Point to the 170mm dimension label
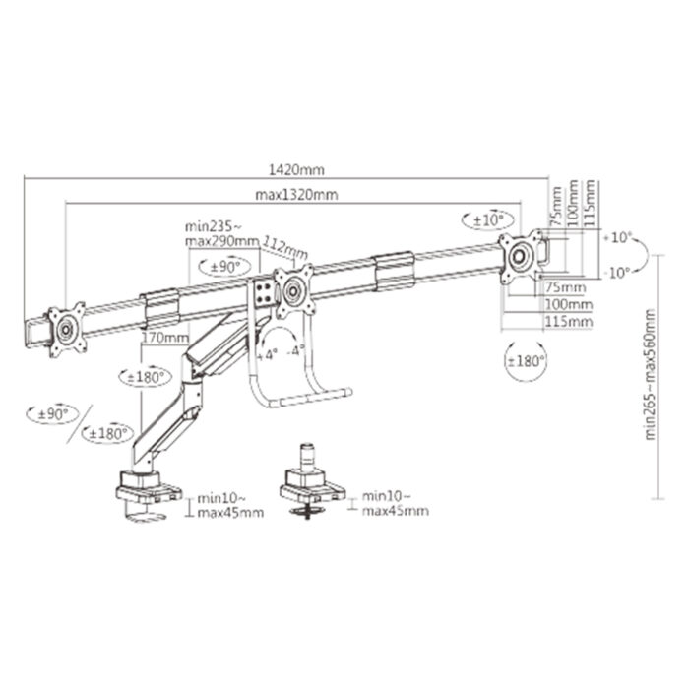pos(164,338)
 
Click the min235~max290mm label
pos(221,233)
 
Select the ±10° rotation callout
pos(484,219)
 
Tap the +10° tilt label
pos(619,237)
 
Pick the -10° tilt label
pos(618,273)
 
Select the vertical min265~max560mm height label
pos(651,373)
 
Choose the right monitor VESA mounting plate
pos(522,256)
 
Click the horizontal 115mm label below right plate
pos(570,321)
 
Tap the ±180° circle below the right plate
pos(525,361)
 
